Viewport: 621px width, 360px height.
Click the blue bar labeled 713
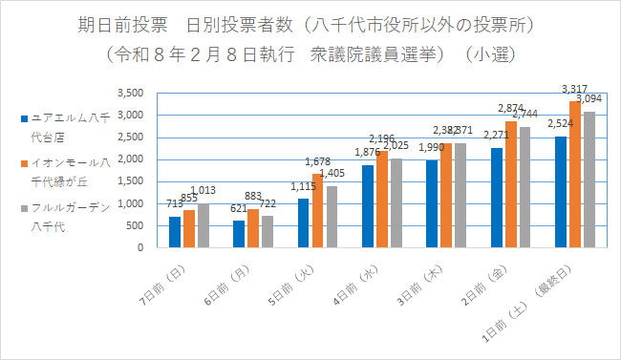pyautogui.click(x=174, y=232)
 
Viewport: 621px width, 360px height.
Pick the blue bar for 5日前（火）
pyautogui.click(x=303, y=222)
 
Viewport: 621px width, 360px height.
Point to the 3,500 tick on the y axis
pyautogui.click(x=129, y=94)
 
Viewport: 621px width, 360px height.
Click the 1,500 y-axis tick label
pyautogui.click(x=129, y=181)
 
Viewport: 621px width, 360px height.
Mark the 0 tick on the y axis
pyautogui.click(x=139, y=247)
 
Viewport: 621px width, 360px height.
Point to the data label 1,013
pyautogui.click(x=204, y=191)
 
